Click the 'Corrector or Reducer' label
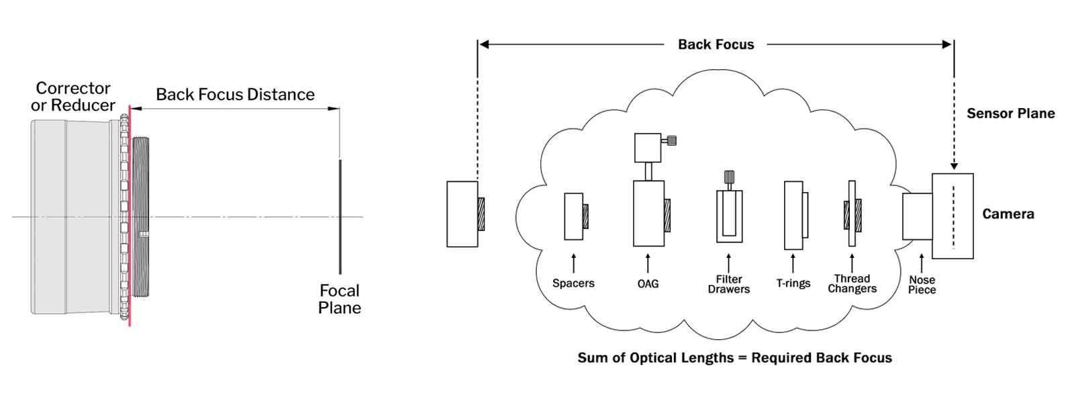[x=73, y=97]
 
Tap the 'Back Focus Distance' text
[x=235, y=95]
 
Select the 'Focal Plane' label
[x=340, y=300]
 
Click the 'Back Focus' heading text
[x=716, y=44]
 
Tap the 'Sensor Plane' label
[x=1010, y=114]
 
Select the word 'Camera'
[x=1008, y=214]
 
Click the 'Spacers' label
[x=573, y=283]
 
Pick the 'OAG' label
[x=648, y=284]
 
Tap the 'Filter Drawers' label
[x=728, y=284]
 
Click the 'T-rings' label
[x=793, y=283]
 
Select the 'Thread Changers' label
[x=852, y=283]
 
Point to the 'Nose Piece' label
[x=922, y=285]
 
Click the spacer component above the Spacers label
[x=575, y=216]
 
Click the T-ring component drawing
[x=795, y=216]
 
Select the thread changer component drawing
[x=852, y=214]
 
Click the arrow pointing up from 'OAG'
[x=648, y=263]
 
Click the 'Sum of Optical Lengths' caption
[x=734, y=358]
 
